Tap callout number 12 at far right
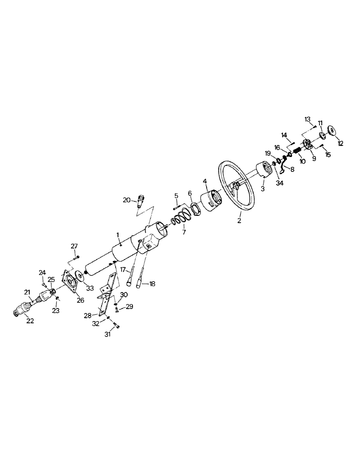[x=340, y=144]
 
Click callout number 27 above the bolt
[x=74, y=247]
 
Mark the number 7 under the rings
[x=182, y=232]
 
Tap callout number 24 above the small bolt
[x=42, y=272]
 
